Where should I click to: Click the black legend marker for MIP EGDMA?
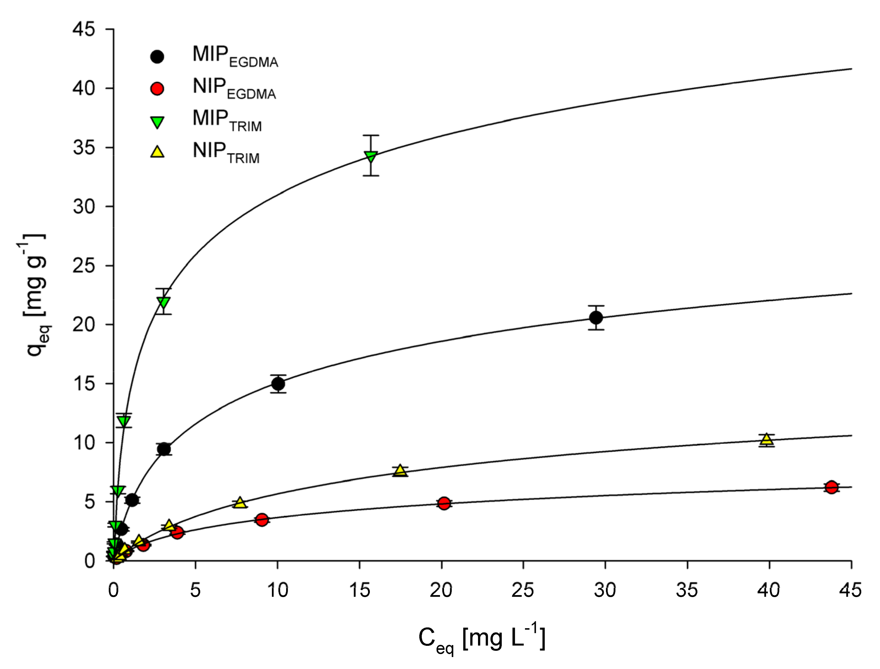pyautogui.click(x=157, y=57)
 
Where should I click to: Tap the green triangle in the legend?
pyautogui.click(x=157, y=121)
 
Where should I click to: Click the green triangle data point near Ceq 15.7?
pyautogui.click(x=370, y=156)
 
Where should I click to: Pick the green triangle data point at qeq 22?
pyautogui.click(x=163, y=302)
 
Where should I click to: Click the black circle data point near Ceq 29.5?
pyautogui.click(x=596, y=318)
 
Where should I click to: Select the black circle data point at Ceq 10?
pyautogui.click(x=278, y=384)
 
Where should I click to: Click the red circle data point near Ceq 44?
pyautogui.click(x=831, y=487)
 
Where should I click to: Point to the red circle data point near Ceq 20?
pyautogui.click(x=444, y=503)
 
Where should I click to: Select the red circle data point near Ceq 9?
pyautogui.click(x=261, y=520)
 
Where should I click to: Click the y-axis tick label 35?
pyautogui.click(x=84, y=148)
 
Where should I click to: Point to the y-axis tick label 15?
pyautogui.click(x=84, y=384)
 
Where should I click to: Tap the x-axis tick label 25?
pyautogui.click(x=522, y=590)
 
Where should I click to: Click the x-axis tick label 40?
pyautogui.click(x=768, y=590)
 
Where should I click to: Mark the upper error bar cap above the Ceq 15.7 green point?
pyautogui.click(x=370, y=135)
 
